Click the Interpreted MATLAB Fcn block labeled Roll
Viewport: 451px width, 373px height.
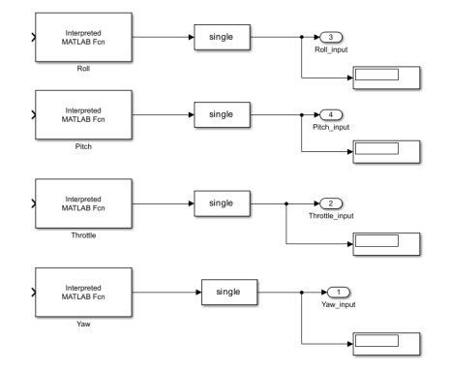pos(83,37)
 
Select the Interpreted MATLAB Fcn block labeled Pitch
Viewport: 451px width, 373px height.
pos(83,114)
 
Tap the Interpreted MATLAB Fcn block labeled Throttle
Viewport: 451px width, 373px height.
pos(83,203)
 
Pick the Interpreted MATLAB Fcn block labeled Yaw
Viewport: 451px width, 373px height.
pos(83,293)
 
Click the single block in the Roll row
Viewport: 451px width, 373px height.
pos(222,37)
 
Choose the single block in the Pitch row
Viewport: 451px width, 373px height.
pos(222,114)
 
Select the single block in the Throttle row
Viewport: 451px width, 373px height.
pos(222,203)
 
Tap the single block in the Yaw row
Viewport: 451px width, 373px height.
pos(229,293)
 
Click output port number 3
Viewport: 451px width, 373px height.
pos(331,37)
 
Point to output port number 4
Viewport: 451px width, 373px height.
pos(331,114)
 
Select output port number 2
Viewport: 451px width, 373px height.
pos(331,203)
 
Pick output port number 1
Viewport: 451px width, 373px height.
pos(339,293)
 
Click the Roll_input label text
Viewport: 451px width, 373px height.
pos(331,49)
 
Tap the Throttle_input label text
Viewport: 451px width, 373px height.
pos(331,216)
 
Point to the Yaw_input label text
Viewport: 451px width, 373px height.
pos(339,304)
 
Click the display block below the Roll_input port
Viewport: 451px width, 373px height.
pos(386,78)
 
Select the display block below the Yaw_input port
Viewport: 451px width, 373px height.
pos(386,344)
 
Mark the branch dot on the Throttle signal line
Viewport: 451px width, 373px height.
pos(286,203)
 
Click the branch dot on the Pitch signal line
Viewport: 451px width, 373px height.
pos(302,114)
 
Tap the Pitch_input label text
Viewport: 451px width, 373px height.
pos(331,127)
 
